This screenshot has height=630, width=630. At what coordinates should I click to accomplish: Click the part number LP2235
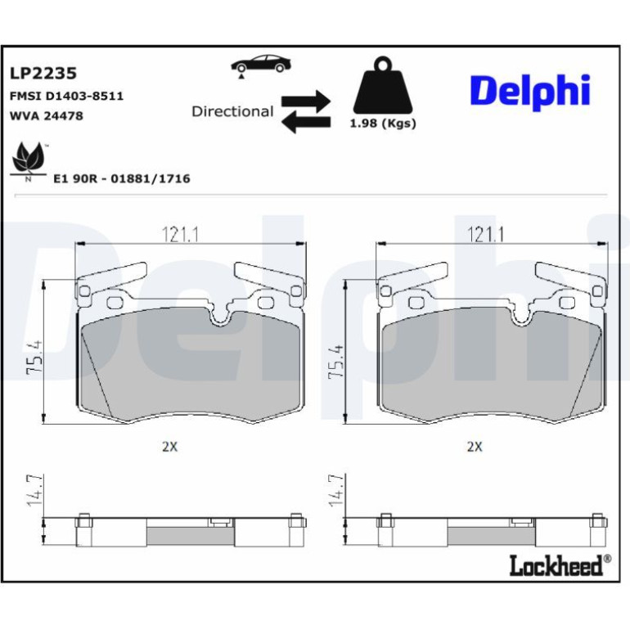pos(43,74)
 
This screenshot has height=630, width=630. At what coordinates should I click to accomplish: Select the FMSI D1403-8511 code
pos(66,97)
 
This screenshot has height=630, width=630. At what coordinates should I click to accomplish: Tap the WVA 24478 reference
pos(46,116)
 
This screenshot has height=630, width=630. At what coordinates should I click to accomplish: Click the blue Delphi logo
pos(530,92)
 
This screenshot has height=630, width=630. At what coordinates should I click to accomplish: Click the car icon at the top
pos(261,65)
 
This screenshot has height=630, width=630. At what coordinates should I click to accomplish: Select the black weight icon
pos(383,85)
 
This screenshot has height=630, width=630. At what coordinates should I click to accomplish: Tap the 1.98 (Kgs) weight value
pos(383,124)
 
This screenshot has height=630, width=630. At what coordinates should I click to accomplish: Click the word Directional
pos(232,111)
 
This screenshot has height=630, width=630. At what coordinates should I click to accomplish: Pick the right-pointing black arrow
pos(306,101)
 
